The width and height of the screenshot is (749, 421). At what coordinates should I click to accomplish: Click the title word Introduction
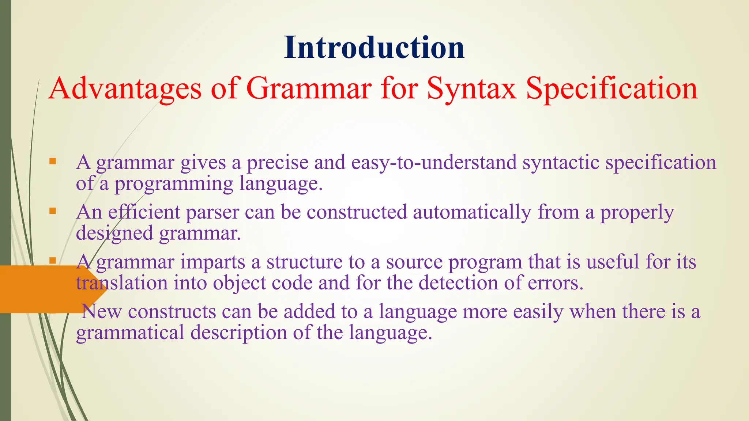pyautogui.click(x=374, y=48)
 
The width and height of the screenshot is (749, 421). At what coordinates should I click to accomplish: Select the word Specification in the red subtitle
pyautogui.click(x=611, y=88)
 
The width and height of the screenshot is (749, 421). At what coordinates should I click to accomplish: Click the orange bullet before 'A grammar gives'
pyautogui.click(x=53, y=161)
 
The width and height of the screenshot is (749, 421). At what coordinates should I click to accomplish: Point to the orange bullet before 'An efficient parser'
pyautogui.click(x=53, y=211)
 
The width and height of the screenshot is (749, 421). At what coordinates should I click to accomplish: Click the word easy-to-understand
pyautogui.click(x=434, y=162)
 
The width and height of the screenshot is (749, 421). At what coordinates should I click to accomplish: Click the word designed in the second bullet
pyautogui.click(x=114, y=233)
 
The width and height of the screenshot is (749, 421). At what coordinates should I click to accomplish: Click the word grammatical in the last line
pyautogui.click(x=130, y=333)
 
